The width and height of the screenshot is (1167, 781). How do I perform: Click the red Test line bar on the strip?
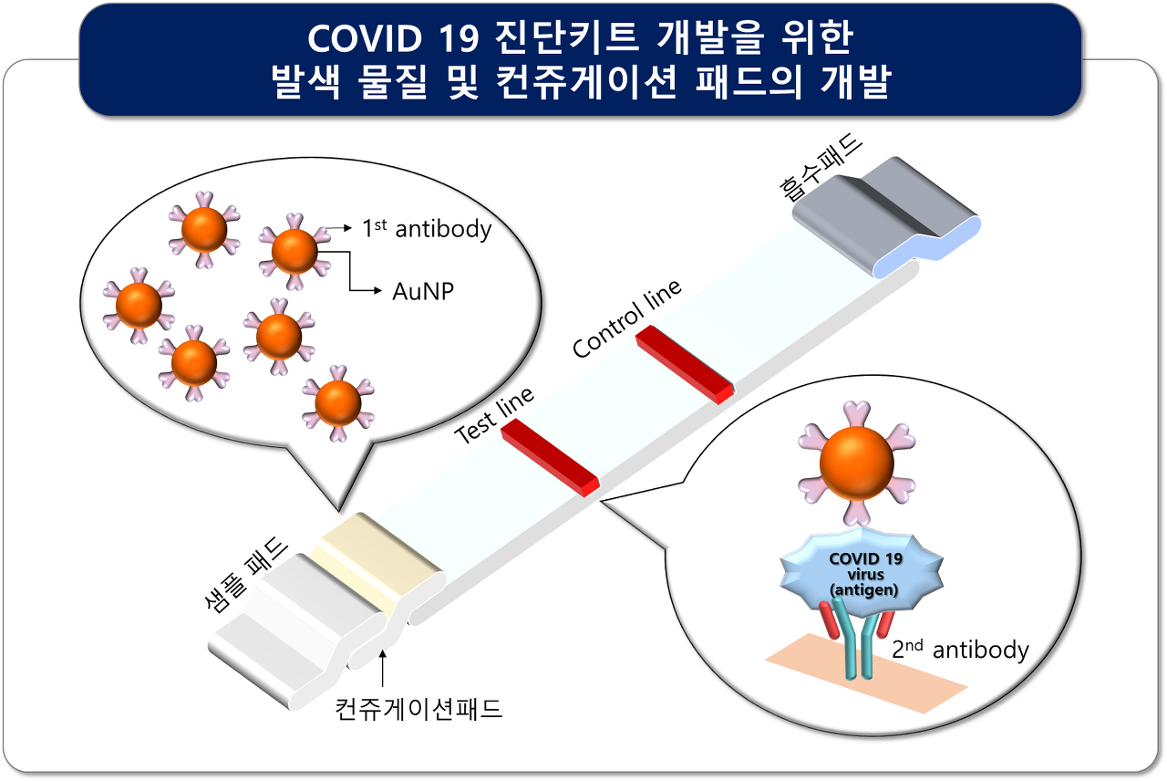coord(551,460)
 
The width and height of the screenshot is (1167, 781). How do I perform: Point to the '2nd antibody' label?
coord(960,650)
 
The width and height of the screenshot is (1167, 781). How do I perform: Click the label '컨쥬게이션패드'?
coord(418,709)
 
